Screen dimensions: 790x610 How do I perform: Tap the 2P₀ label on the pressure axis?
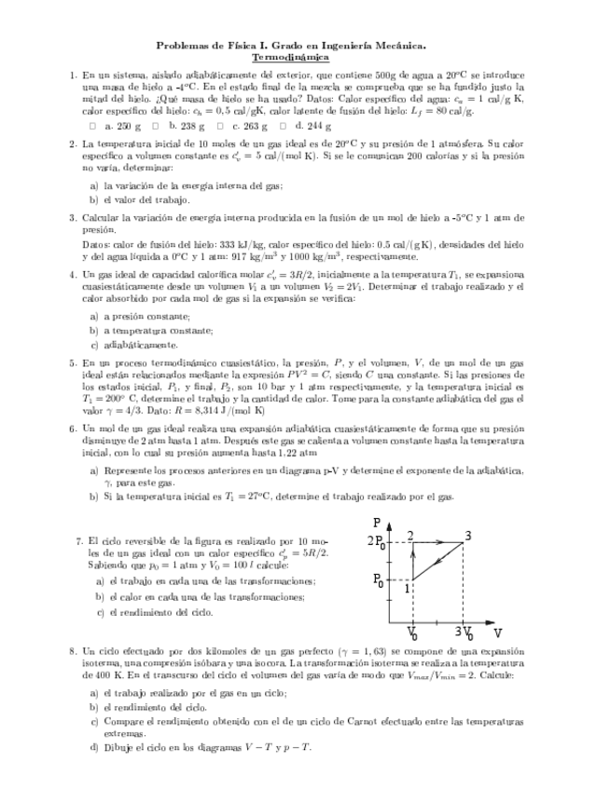point(378,541)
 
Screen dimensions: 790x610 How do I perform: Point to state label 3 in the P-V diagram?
point(467,534)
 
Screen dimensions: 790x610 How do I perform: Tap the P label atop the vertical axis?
point(376,524)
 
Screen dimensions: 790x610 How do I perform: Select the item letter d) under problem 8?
point(93,747)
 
